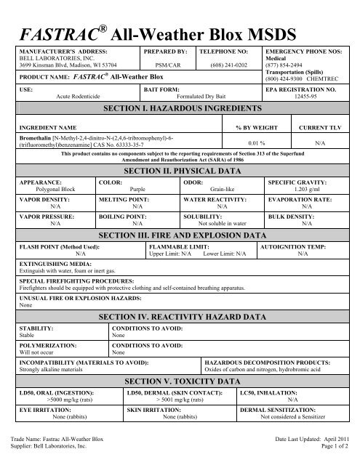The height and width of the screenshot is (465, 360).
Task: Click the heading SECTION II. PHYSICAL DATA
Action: (180, 169)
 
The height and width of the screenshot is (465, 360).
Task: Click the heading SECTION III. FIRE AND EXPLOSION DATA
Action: (180, 236)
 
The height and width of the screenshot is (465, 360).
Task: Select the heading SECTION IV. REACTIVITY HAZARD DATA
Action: (180, 318)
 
